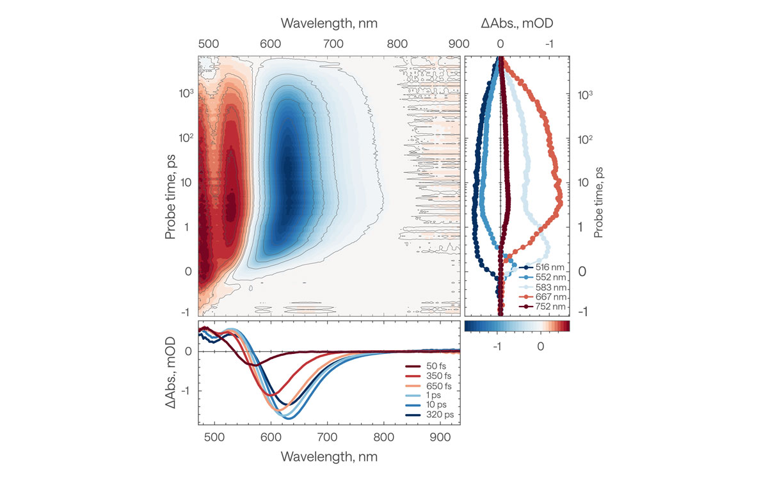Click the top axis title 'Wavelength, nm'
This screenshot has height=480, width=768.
point(329,24)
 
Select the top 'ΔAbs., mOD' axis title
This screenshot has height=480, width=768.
point(517,24)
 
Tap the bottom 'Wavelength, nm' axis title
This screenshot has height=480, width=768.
point(329,456)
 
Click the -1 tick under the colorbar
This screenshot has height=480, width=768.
point(496,346)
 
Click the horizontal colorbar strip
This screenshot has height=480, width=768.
point(516,326)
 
